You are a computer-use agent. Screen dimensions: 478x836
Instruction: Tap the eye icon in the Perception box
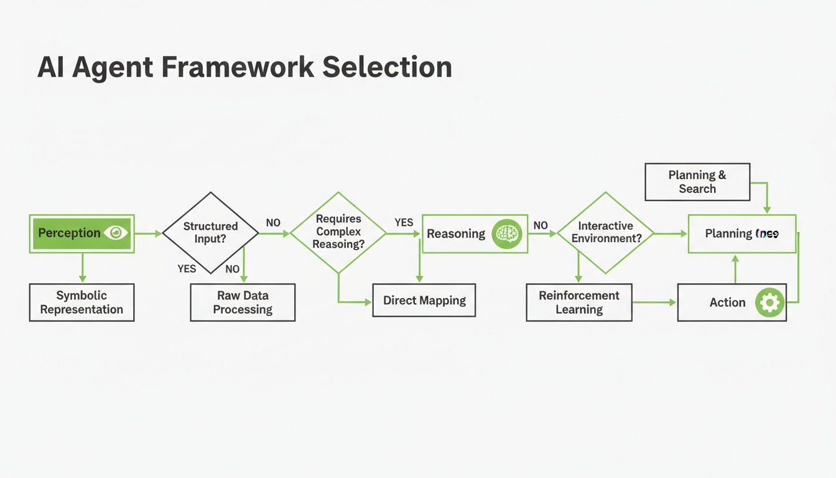(x=116, y=233)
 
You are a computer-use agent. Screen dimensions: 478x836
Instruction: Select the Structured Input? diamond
(x=210, y=233)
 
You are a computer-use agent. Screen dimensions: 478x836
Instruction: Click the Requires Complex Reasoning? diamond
(x=338, y=232)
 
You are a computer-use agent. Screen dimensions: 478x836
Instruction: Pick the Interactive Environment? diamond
(x=605, y=233)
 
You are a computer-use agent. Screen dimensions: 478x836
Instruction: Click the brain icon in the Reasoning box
(x=507, y=234)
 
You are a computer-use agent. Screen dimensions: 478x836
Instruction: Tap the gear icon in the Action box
(x=769, y=302)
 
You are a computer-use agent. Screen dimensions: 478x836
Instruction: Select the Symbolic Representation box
(x=81, y=302)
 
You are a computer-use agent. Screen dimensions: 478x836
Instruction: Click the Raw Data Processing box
(x=243, y=302)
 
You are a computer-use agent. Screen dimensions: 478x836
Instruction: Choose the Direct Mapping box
(x=424, y=300)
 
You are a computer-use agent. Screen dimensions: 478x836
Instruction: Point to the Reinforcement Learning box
(x=578, y=302)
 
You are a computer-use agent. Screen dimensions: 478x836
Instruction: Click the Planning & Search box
(x=697, y=182)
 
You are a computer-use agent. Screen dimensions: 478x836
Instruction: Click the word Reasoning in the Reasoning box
(x=456, y=234)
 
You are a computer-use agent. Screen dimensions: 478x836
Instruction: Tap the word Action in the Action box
(x=727, y=302)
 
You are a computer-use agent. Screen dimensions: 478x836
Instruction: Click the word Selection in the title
(x=387, y=67)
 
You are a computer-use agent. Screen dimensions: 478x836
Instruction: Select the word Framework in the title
(x=239, y=67)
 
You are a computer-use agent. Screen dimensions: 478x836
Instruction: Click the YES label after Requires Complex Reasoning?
(x=404, y=222)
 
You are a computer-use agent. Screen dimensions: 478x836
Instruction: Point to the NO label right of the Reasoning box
(x=541, y=225)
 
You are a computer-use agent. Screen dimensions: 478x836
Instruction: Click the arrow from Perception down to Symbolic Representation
(x=81, y=268)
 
